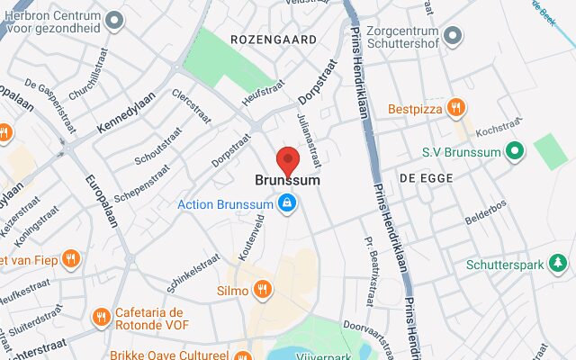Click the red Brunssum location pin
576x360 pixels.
coord(287,160)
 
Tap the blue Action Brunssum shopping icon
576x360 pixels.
coord(286,204)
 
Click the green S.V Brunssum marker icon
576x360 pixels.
coord(515,152)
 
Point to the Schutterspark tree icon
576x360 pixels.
coord(560,265)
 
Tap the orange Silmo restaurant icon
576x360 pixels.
coord(263,290)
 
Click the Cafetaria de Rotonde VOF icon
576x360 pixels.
coord(101,317)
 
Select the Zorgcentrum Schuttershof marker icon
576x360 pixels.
coord(452,36)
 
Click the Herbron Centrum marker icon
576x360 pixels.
coord(113,20)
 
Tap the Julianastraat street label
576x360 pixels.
coord(309,140)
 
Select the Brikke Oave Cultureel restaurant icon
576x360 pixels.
coord(241,355)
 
